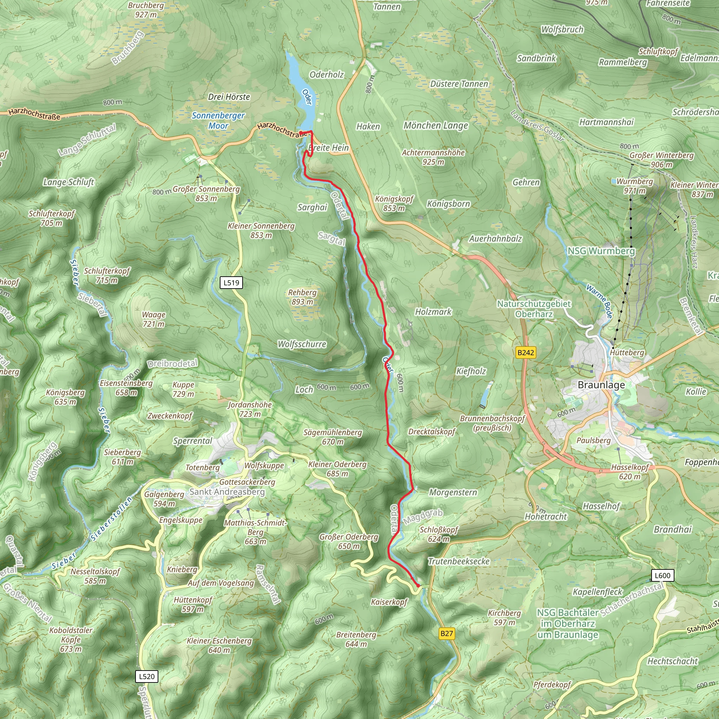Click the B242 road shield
pos(526,352)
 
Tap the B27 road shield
pos(447,633)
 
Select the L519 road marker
pos(231,283)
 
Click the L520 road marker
pos(147,676)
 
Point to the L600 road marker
pos(662,575)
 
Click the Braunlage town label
pos(601,385)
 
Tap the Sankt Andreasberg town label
pos(227,492)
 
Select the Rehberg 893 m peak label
pos(302,297)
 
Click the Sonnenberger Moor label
pos(218,120)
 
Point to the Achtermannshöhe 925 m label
pos(433,157)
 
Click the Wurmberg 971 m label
pos(634,186)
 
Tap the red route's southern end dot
pos(418,586)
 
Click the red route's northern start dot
pos(301,132)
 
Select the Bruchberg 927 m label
pos(146,10)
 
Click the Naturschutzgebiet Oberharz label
pos(534,309)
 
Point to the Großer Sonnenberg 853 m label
pos(206,193)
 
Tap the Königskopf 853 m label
pos(394,203)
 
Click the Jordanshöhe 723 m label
pos(250,409)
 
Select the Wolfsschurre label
pos(302,344)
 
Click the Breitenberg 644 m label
pos(356,639)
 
